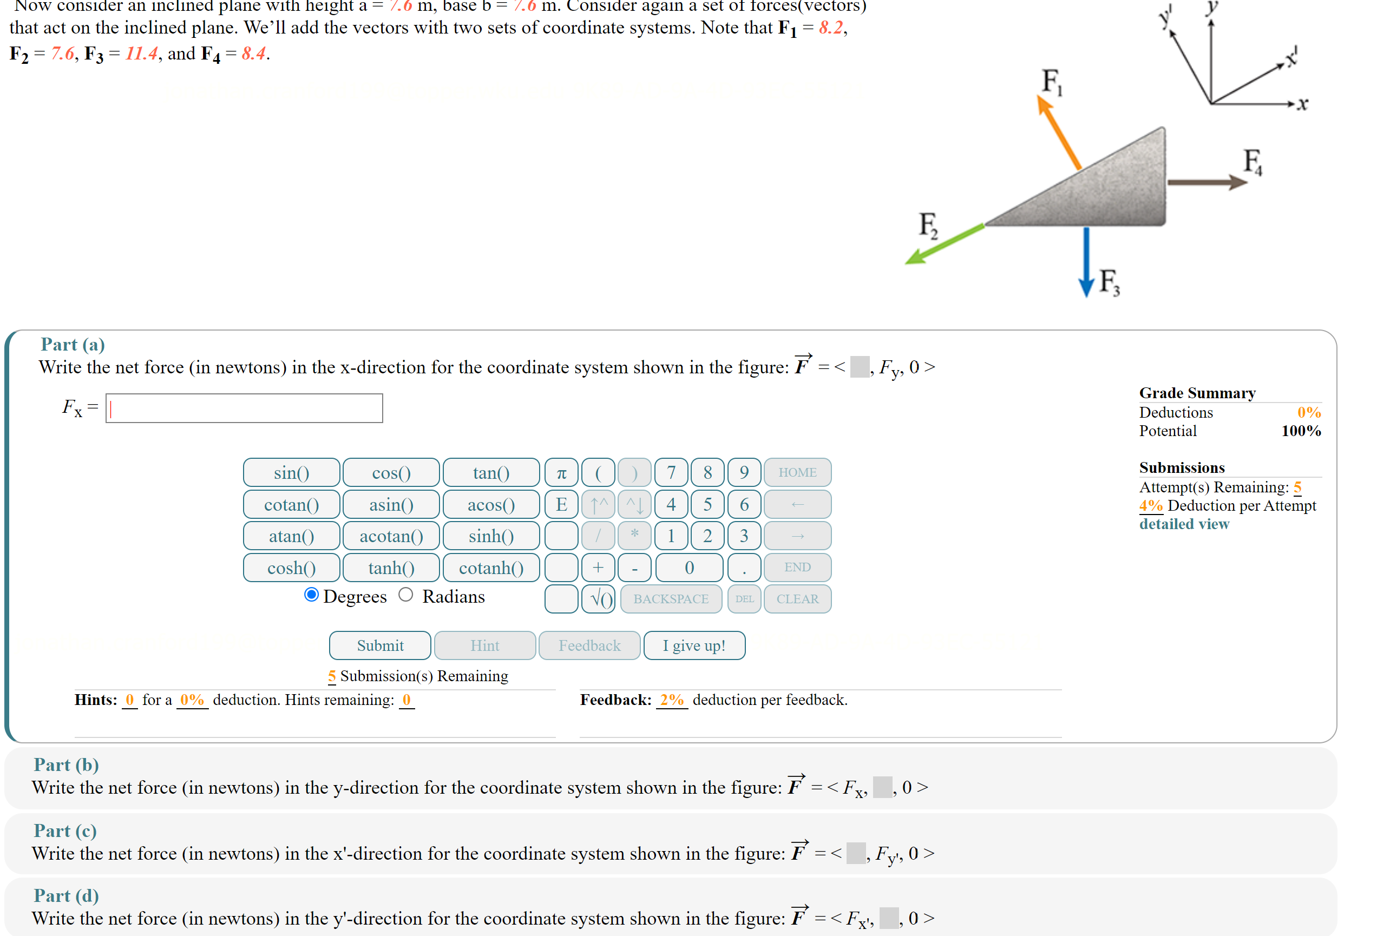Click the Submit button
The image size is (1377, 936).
pyautogui.click(x=380, y=645)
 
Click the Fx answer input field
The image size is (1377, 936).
pyautogui.click(x=244, y=408)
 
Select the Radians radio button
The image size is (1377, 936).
pyautogui.click(x=406, y=595)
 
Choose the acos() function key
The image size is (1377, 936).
pyautogui.click(x=490, y=505)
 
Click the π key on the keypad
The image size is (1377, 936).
pyautogui.click(x=561, y=473)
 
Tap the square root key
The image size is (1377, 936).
pyautogui.click(x=599, y=599)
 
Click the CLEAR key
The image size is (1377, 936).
pyautogui.click(x=797, y=599)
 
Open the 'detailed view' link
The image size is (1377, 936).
pyautogui.click(x=1183, y=524)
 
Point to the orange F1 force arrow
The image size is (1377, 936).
pyautogui.click(x=1059, y=133)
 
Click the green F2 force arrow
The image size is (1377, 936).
pyautogui.click(x=945, y=243)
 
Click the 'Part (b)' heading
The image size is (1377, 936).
pyautogui.click(x=66, y=765)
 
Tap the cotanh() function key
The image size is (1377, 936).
pyautogui.click(x=490, y=568)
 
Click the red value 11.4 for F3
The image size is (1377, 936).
pyautogui.click(x=141, y=54)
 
